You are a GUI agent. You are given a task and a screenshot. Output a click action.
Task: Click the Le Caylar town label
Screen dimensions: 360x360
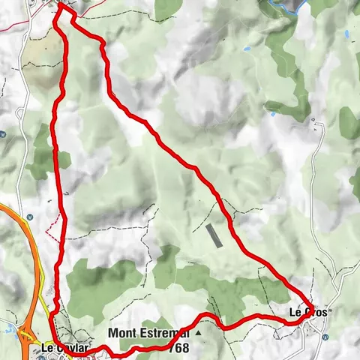[65, 348]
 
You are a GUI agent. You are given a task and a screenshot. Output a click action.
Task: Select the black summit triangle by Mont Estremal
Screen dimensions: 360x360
[199, 331]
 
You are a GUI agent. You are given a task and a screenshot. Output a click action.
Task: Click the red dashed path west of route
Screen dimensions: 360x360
[52, 226]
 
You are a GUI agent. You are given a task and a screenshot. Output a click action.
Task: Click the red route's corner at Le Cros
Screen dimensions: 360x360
[310, 318]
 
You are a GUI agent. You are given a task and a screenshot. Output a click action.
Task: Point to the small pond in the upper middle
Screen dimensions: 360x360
[247, 49]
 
